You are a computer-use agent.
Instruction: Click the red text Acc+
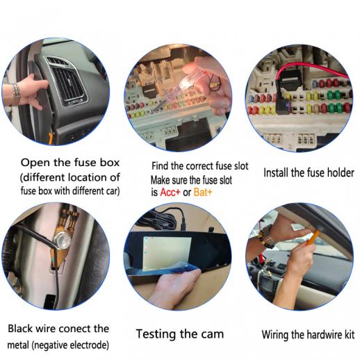pyautogui.click(x=170, y=193)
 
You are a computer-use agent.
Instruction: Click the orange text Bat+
pyautogui.click(x=203, y=193)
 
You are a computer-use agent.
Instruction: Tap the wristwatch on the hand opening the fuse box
pyautogui.click(x=15, y=93)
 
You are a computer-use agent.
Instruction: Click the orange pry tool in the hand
pyautogui.click(x=313, y=238)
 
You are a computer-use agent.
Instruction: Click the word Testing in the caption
pyautogui.click(x=156, y=334)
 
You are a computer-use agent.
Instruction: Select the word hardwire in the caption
pyautogui.click(x=322, y=335)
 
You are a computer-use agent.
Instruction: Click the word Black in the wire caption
pyautogui.click(x=20, y=329)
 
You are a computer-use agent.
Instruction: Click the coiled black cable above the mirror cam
pyautogui.click(x=160, y=219)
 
